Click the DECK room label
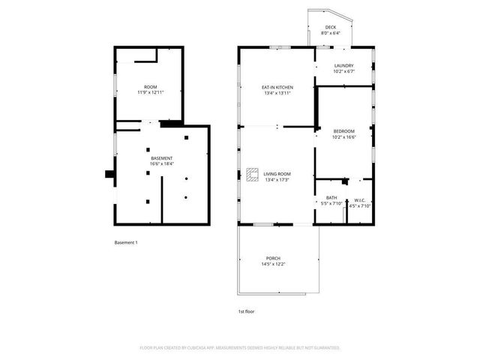[331, 28]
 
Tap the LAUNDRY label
[343, 65]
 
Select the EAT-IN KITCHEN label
[277, 88]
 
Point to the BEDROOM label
[343, 131]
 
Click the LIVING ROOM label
[277, 174]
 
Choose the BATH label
[331, 198]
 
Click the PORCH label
[273, 258]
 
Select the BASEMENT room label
[162, 158]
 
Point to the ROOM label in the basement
[150, 86]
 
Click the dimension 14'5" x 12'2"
[273, 264]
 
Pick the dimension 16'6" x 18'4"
[162, 164]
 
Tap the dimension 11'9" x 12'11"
[150, 92]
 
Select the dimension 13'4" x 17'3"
[277, 180]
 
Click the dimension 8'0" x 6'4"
[331, 34]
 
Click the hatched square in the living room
[251, 174]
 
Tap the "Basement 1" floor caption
[126, 242]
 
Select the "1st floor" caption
[245, 310]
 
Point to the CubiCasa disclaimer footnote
[240, 348]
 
